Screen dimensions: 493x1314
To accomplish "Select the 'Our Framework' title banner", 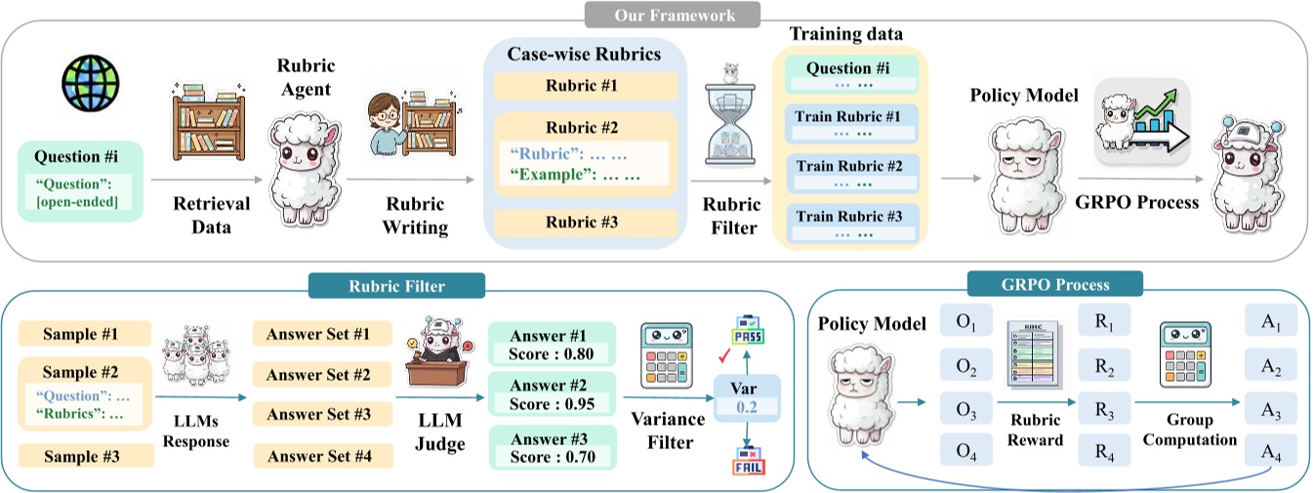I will pyautogui.click(x=673, y=14).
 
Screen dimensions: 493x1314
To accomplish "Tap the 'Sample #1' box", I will pyautogui.click(x=85, y=333).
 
